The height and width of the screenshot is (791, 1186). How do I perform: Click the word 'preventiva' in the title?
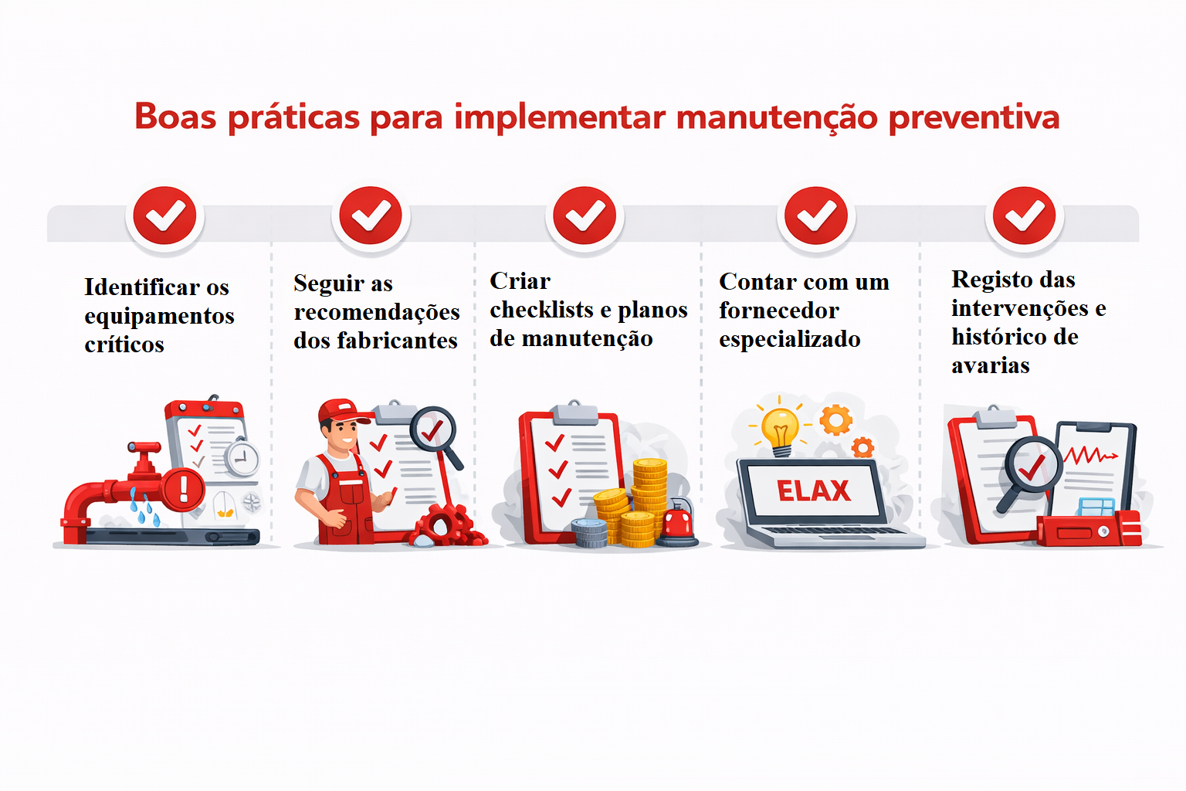tap(974, 118)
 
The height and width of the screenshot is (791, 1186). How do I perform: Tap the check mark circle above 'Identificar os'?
tap(164, 216)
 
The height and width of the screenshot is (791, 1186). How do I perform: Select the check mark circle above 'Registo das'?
tap(1024, 216)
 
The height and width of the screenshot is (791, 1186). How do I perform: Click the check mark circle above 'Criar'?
tap(585, 216)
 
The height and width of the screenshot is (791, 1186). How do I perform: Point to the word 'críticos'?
tap(124, 345)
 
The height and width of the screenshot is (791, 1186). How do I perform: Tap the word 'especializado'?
tap(789, 339)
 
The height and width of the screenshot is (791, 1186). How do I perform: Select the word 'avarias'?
tap(990, 365)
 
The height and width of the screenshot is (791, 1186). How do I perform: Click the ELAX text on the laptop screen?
tap(813, 491)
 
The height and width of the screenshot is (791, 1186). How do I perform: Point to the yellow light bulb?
tap(780, 429)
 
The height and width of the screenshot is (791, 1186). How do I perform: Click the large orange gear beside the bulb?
tap(835, 420)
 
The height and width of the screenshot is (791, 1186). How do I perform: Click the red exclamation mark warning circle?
tap(184, 488)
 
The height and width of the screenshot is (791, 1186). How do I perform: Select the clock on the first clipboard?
tap(242, 458)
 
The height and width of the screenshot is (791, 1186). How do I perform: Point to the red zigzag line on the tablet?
tap(1089, 455)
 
